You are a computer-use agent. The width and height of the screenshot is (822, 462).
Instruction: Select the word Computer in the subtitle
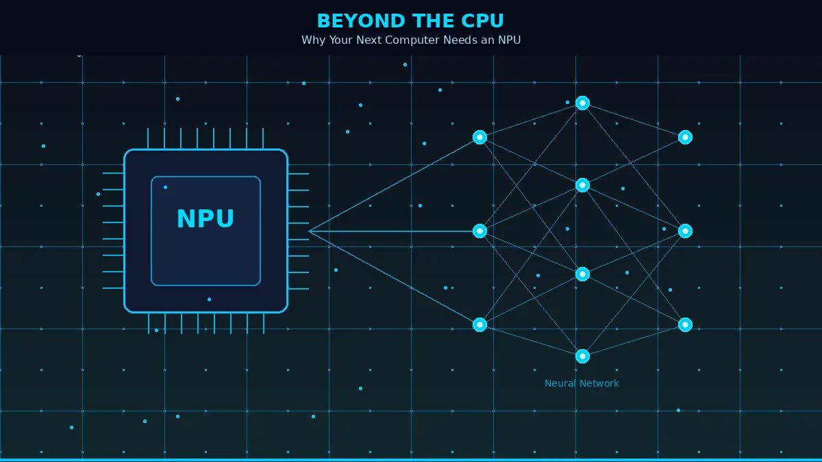pos(411,40)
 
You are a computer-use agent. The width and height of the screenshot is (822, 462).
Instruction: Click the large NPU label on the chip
pos(206,219)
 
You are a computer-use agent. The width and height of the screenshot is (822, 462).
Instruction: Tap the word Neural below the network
pos(561,384)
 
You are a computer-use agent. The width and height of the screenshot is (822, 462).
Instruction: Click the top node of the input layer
pos(480,137)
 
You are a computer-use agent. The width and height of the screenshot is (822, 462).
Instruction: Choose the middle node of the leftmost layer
pos(480,231)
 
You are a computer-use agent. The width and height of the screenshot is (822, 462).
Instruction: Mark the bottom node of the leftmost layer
pos(480,324)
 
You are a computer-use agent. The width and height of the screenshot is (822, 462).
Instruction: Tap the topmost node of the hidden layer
pos(582,103)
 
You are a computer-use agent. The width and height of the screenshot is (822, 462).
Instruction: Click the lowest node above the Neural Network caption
pos(582,356)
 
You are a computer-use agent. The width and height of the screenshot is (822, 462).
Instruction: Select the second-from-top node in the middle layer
pos(582,185)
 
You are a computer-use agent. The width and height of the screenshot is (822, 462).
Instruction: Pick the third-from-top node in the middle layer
pos(582,274)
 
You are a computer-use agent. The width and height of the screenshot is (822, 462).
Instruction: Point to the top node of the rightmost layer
pos(685,137)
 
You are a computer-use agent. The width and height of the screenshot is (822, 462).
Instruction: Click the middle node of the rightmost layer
pos(685,231)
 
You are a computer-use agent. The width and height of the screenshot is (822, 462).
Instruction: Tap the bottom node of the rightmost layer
pos(685,324)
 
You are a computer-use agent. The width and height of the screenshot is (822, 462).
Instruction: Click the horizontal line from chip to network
pos(394,231)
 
